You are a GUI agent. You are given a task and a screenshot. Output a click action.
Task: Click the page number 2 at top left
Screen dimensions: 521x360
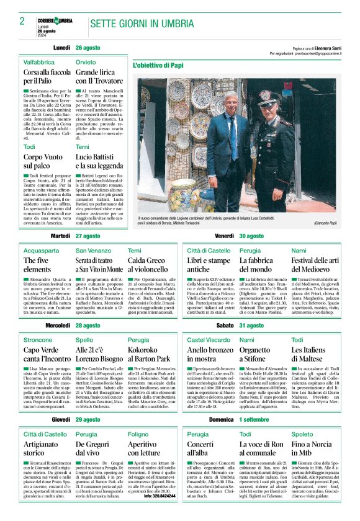22,21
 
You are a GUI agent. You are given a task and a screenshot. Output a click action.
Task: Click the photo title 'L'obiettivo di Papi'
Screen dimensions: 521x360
159,65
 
